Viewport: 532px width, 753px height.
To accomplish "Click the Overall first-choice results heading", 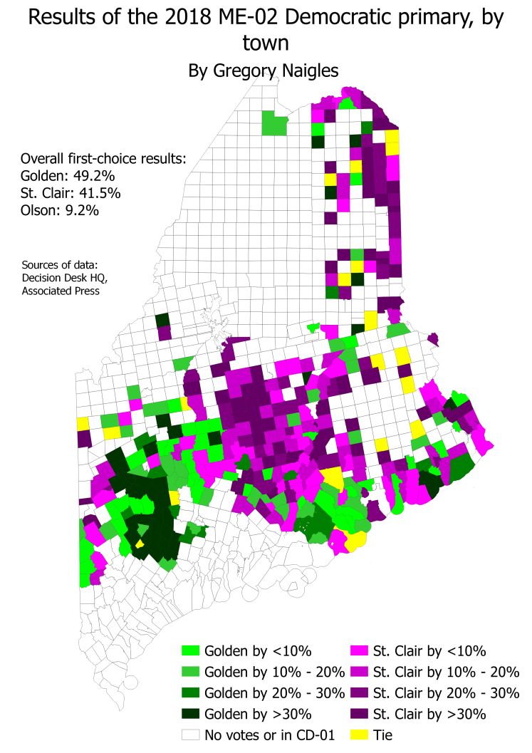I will point(103,158).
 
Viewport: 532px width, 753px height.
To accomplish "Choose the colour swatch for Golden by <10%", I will point(191,650).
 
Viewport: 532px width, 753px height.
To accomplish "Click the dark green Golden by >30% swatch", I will point(191,713).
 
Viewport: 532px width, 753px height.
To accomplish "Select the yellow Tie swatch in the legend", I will point(360,734).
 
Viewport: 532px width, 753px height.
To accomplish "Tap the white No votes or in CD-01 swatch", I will point(191,734).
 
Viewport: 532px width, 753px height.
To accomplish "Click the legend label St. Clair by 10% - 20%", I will point(447,672).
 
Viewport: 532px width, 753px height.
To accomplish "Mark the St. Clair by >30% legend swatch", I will point(360,713).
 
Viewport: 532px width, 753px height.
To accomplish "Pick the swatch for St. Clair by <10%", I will point(360,650).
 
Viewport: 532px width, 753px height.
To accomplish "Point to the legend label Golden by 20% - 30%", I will point(275,692).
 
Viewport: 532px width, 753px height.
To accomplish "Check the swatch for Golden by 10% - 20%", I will point(191,672).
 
